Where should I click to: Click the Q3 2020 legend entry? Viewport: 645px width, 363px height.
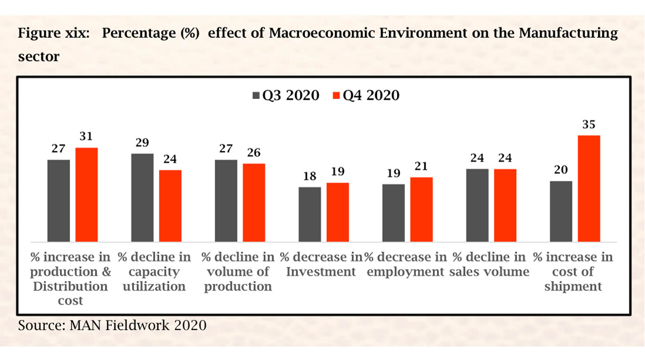(285, 95)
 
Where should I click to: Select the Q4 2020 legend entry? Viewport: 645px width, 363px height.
(366, 95)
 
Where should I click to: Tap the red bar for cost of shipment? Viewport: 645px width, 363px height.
(589, 189)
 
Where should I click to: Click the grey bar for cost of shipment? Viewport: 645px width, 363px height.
(561, 211)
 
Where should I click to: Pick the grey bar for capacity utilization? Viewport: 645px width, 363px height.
(142, 198)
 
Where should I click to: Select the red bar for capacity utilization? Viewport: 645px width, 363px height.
(170, 206)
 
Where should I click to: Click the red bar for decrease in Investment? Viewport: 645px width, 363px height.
(338, 212)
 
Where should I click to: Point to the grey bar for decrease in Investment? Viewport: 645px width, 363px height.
(310, 214)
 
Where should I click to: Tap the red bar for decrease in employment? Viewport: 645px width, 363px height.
(421, 209)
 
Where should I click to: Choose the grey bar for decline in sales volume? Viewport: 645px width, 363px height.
(477, 205)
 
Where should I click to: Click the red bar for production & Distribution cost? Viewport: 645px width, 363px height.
(87, 195)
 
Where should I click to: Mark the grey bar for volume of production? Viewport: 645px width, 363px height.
(226, 201)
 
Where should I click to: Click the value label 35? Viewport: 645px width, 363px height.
(589, 125)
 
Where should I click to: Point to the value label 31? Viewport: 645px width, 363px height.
(86, 137)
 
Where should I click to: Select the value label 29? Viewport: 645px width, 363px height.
(142, 143)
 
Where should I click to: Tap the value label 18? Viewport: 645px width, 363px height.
(309, 176)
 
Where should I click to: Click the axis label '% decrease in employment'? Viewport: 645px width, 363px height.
(405, 265)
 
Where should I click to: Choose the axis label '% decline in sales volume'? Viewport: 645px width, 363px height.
(489, 265)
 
